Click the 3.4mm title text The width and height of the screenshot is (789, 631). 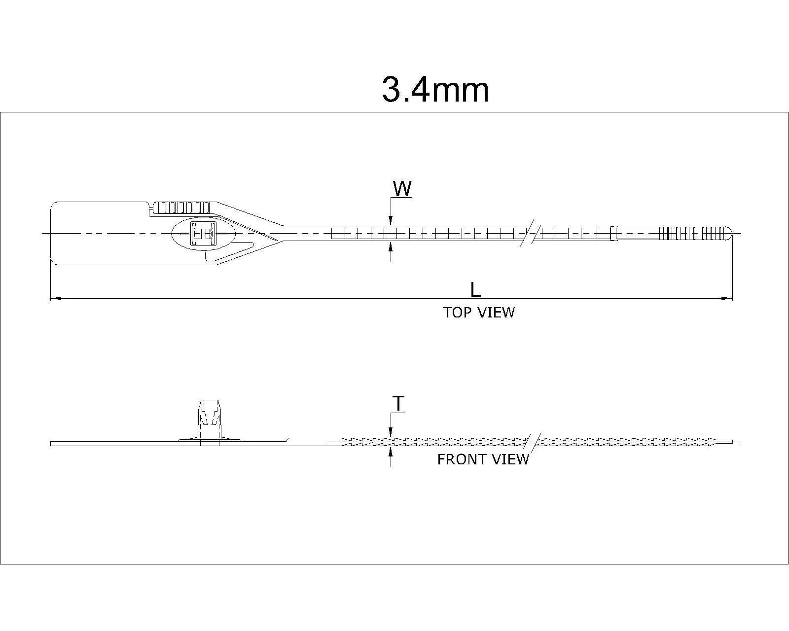[x=435, y=90]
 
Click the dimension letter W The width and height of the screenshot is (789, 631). [x=402, y=188]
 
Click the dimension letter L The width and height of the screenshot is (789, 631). [x=475, y=290]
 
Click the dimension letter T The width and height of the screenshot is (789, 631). [x=398, y=404]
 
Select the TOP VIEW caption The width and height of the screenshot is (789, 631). [x=478, y=313]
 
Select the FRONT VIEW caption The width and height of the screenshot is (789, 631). [x=483, y=459]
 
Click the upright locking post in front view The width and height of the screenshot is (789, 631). [x=209, y=419]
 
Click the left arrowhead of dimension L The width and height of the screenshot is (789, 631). [x=55, y=298]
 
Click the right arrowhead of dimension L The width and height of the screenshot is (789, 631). [x=727, y=298]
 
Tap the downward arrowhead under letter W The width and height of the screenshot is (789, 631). [x=391, y=222]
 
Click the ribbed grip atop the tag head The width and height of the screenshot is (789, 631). [x=182, y=207]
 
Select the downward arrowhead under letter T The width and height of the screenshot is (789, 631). [x=391, y=432]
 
